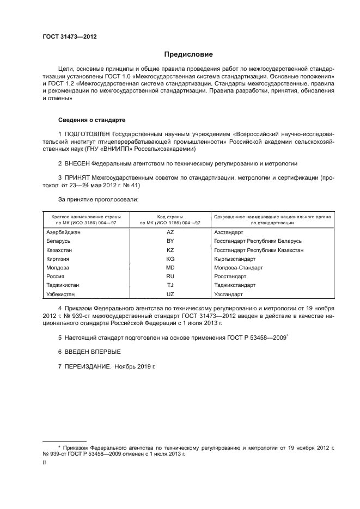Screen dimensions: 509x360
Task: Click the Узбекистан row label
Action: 62,295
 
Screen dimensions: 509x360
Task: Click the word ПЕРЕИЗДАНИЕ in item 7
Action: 89,366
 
